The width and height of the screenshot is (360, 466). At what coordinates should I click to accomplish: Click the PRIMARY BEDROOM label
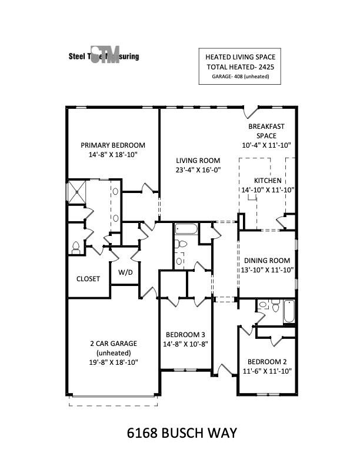[x=113, y=145]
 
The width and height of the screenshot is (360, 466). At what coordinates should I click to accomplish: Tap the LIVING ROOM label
[x=198, y=160]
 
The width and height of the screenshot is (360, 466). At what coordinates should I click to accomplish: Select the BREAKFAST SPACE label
[x=266, y=131]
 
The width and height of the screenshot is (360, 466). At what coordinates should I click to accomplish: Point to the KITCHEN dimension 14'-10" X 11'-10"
[x=268, y=189]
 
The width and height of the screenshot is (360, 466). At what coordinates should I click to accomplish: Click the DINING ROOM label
[x=267, y=260]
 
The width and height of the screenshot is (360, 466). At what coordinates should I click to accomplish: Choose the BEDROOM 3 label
[x=185, y=332]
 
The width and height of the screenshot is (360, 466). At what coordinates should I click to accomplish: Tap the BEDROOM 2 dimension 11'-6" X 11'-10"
[x=267, y=371]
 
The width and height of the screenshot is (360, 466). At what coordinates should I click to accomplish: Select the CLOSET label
[x=88, y=278]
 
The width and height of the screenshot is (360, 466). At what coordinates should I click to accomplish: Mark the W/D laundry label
[x=125, y=272]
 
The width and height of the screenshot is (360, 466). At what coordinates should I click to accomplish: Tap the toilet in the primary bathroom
[x=75, y=248]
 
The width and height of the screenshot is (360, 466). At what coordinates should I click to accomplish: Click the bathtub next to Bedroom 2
[x=289, y=311]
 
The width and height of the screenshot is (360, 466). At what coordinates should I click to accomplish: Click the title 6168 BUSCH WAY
[x=182, y=434]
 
